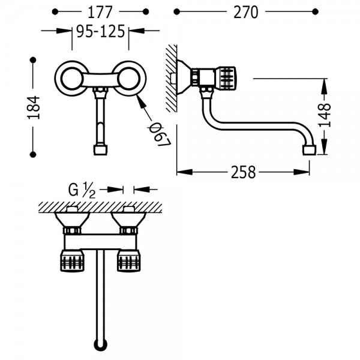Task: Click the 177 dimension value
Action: tap(100, 12)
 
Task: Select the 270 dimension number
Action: tap(245, 12)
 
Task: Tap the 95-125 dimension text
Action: tap(101, 31)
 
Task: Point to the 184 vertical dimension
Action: tap(34, 107)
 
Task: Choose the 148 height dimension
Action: tap(325, 115)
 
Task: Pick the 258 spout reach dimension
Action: tap(243, 172)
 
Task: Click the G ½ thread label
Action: tap(82, 190)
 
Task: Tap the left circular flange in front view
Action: tap(72, 78)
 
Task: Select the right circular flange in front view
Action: tap(128, 78)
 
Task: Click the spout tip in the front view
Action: tap(101, 149)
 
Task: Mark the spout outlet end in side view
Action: tap(309, 150)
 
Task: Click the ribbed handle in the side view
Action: tap(226, 78)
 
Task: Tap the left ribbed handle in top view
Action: tap(72, 261)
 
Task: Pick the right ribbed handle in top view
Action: tap(128, 261)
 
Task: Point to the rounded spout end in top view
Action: tap(101, 346)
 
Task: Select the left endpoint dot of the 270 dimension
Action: tap(176, 11)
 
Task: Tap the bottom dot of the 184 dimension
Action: tap(33, 155)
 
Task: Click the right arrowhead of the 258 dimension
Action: tap(302, 172)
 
